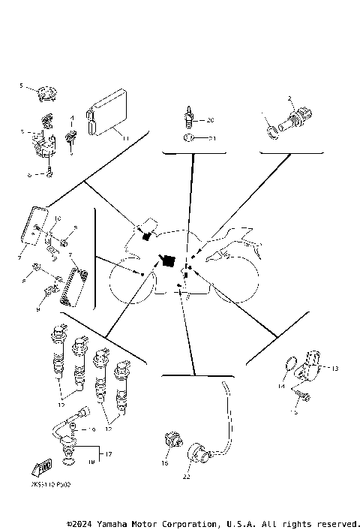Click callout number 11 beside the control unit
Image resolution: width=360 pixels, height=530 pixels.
(125, 138)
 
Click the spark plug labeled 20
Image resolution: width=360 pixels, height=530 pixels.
(189, 119)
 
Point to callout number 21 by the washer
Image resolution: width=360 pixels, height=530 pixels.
(211, 139)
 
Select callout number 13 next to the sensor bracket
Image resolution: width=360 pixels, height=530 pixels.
(334, 368)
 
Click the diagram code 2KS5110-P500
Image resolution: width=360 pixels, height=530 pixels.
(53, 486)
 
